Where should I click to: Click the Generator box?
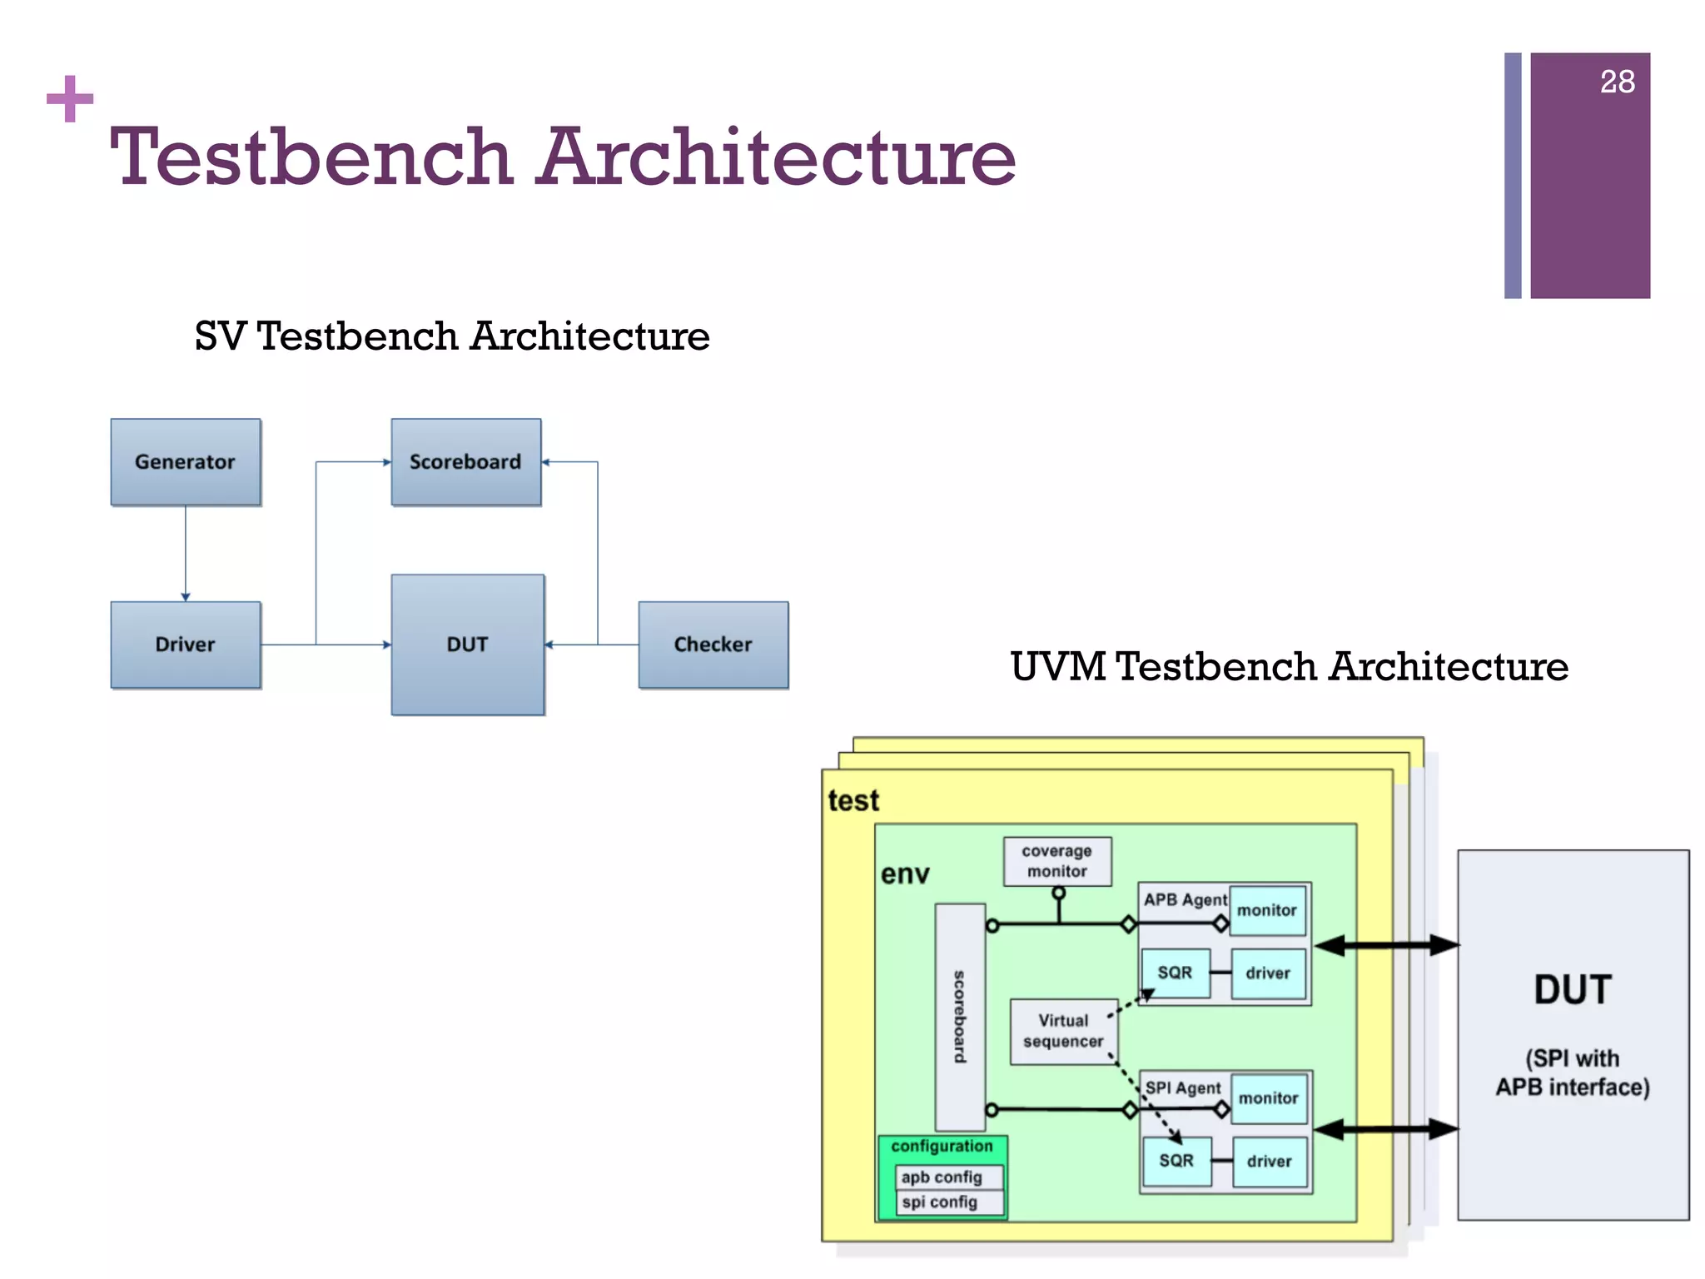(185, 461)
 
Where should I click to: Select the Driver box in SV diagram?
(185, 644)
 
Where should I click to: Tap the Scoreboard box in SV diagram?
(465, 461)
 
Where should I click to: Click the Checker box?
(713, 644)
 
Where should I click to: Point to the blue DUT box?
(467, 644)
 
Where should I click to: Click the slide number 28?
(1617, 82)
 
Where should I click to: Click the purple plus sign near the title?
(70, 99)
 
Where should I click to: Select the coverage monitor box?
(1056, 861)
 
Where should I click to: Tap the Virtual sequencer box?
(1063, 1031)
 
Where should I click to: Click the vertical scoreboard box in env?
(960, 1016)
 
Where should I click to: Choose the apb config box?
(949, 1177)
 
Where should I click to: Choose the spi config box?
(949, 1202)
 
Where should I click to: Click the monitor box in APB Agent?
(1266, 911)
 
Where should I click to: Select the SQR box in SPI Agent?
(1176, 1161)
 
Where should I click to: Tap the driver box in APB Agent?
(1267, 973)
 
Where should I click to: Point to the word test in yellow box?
(853, 800)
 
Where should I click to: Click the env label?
(905, 874)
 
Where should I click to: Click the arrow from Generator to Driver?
(186, 553)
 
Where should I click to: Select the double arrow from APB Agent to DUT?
(1386, 945)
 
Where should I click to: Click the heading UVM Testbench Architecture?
(1289, 666)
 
